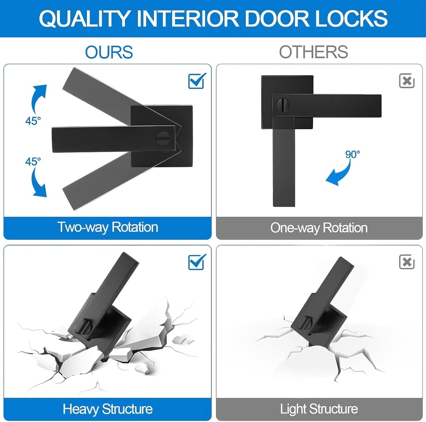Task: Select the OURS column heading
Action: [109, 52]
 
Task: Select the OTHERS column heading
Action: [313, 52]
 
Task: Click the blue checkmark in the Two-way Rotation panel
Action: [197, 81]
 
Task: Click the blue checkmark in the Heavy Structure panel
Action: [197, 262]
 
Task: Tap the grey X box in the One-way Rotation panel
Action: [406, 81]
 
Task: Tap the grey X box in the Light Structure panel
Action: [406, 262]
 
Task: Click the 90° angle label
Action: [352, 154]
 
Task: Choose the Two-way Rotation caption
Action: [108, 227]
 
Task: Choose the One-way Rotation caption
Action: [319, 228]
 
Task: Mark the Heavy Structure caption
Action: [108, 409]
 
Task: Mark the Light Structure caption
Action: [319, 409]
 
